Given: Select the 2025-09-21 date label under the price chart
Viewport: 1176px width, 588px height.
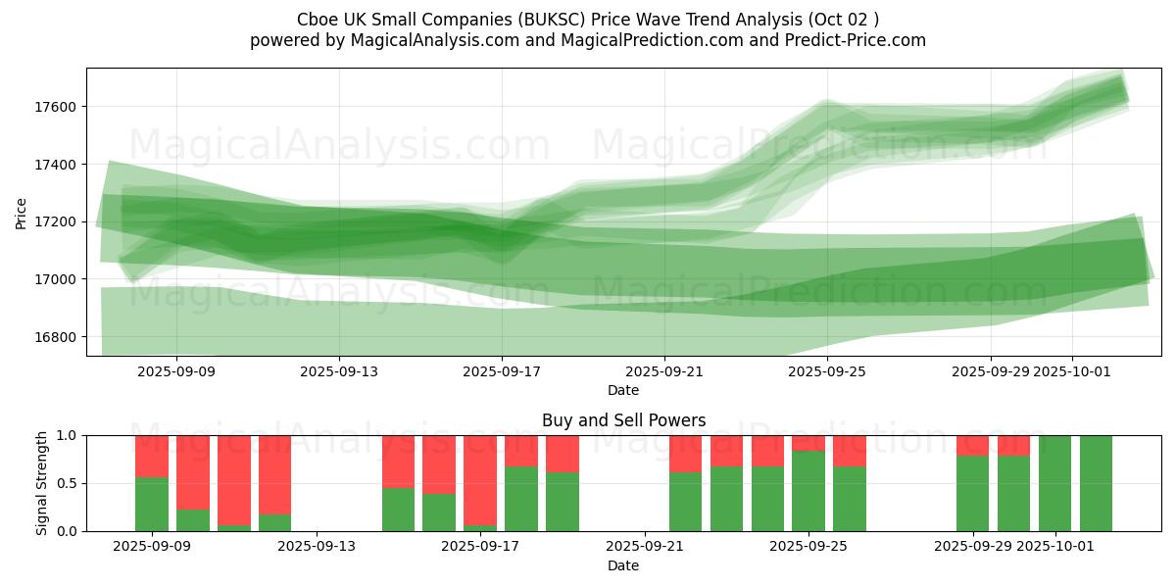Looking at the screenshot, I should (664, 371).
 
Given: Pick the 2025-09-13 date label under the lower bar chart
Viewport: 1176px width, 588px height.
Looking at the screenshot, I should (317, 547).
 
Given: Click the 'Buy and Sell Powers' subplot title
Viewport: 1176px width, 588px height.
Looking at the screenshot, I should (623, 420).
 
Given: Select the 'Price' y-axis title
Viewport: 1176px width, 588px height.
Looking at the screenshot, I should (22, 213).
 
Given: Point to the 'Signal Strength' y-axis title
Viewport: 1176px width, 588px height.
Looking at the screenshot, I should (41, 483).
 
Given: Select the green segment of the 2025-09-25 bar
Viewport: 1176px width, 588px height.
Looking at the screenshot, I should (808, 491).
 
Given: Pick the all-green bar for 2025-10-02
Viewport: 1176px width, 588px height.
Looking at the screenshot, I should (1096, 483).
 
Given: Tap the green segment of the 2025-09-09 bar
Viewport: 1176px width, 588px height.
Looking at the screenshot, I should (152, 505).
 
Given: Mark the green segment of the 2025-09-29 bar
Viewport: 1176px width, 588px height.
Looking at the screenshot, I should (972, 494).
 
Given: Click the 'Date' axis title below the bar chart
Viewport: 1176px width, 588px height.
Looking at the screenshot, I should (623, 565).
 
